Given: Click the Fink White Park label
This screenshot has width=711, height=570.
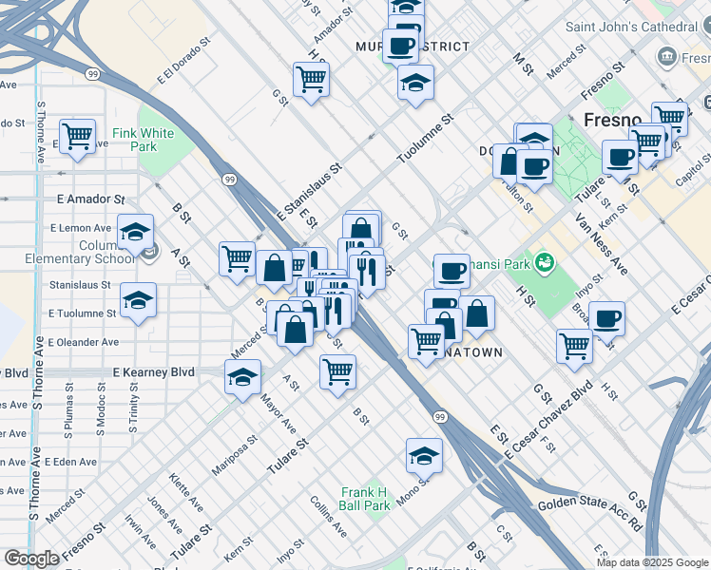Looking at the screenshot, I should click(x=143, y=140).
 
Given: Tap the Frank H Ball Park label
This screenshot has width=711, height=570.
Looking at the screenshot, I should click(x=365, y=499).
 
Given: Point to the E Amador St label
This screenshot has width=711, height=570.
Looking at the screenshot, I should click(x=90, y=199).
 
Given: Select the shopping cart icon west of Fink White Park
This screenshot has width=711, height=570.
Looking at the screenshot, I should click(x=77, y=135).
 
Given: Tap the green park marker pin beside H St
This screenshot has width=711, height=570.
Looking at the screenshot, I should click(x=544, y=260).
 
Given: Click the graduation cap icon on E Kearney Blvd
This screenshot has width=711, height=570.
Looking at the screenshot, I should click(x=243, y=376).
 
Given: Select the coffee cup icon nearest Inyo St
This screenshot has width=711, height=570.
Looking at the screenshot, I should click(x=606, y=318).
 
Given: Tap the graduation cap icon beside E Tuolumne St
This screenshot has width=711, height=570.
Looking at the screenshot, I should click(x=139, y=301).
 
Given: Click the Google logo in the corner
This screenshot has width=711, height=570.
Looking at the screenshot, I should click(x=31, y=559).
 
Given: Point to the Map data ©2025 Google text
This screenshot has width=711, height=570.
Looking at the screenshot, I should click(x=651, y=562).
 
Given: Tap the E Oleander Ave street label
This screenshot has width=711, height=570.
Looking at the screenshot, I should click(x=84, y=342).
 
